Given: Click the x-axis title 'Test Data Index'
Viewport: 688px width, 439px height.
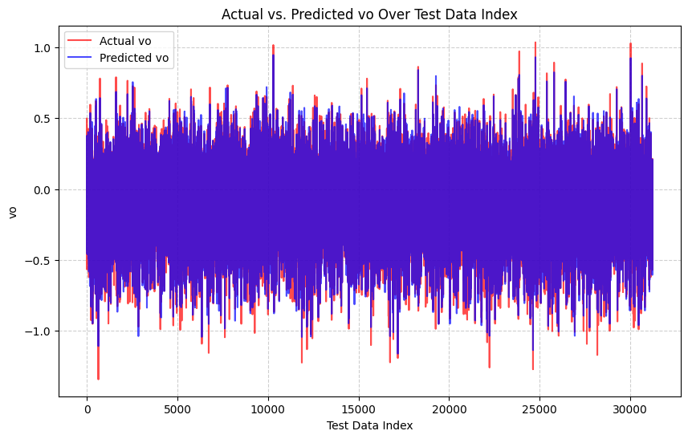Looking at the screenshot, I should tap(369, 425).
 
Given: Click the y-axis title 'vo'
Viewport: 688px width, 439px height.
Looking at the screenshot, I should tap(12, 212).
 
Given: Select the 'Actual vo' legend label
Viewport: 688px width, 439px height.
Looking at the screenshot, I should tap(124, 40).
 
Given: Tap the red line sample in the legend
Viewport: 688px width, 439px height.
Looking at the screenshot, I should tap(79, 40).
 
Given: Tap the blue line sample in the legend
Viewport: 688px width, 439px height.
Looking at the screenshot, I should tap(79, 57).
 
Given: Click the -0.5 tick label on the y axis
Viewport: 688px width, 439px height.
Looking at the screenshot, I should tap(40, 261).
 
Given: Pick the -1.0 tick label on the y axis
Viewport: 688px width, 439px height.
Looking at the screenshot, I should tap(40, 331).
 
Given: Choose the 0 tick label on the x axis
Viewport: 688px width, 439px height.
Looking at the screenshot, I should tap(87, 407).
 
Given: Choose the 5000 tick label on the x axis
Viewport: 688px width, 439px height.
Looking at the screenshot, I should tap(177, 407).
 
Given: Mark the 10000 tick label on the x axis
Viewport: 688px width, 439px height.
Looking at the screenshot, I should tap(267, 407).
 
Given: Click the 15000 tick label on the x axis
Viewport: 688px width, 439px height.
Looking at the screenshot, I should tap(358, 407).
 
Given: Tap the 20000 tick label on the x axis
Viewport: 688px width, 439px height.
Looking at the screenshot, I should tap(449, 407).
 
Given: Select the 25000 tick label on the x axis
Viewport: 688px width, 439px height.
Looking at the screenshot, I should tap(539, 407).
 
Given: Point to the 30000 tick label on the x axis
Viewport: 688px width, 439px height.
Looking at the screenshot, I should tap(629, 407).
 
